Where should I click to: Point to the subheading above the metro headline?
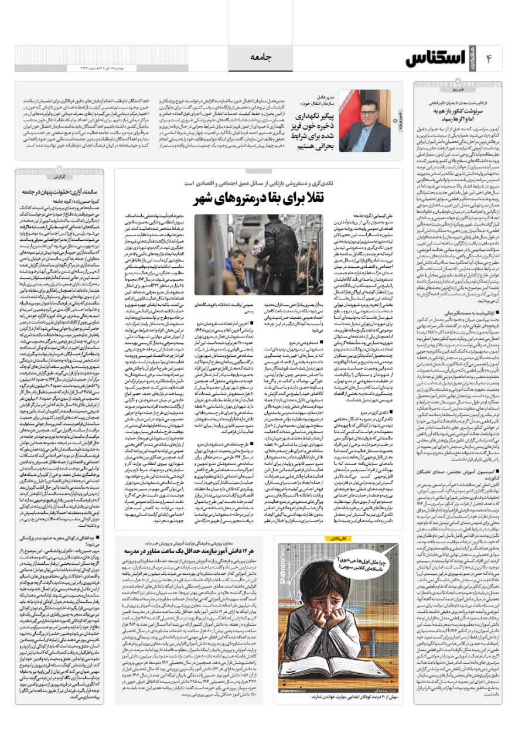tap(258, 183)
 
